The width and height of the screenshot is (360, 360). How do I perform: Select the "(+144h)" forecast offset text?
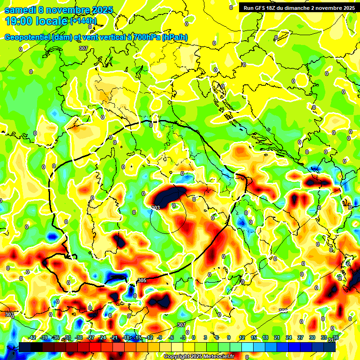pos(83,21)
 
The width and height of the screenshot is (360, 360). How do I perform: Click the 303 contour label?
pos(156,208)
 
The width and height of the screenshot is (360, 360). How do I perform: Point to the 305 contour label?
pos(142,280)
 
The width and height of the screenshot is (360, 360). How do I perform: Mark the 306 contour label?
pos(283,311)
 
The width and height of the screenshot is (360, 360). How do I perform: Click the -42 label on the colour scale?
pos(32,337)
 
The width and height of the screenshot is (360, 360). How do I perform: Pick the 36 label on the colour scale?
pos(336,337)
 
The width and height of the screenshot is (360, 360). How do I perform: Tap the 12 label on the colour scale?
pos(242,337)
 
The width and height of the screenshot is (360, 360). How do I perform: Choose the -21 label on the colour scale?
pos(114,337)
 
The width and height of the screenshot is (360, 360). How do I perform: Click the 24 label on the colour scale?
pos(289,337)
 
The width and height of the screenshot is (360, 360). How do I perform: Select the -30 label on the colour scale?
pos(79,337)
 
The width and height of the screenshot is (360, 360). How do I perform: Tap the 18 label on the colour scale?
pos(265,337)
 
